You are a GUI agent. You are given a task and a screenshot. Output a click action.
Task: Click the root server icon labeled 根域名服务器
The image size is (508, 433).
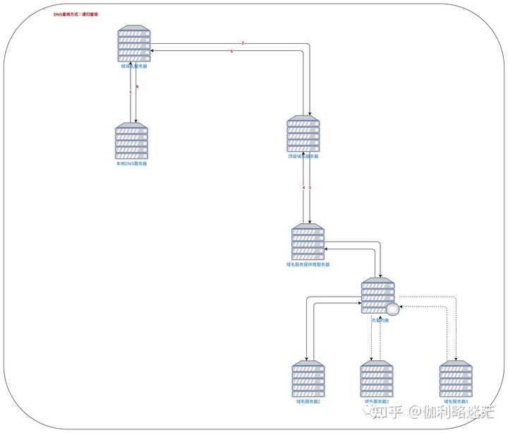134,45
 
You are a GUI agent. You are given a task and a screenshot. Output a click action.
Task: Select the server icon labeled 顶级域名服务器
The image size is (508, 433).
303,134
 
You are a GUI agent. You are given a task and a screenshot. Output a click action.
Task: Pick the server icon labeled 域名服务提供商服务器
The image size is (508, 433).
308,242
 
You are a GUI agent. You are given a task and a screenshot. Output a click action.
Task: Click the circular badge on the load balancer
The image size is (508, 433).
393,309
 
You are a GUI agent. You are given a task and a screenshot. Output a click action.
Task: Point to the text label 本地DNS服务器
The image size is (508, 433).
132,163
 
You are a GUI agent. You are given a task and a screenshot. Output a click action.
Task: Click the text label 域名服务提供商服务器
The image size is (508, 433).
308,264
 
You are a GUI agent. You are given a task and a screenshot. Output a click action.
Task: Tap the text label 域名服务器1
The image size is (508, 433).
308,401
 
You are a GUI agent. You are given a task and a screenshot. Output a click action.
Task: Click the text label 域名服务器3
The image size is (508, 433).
456,401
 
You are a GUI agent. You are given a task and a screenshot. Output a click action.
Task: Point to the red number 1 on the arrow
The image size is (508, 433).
130,92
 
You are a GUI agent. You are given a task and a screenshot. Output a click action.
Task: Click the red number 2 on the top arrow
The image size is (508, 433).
243,44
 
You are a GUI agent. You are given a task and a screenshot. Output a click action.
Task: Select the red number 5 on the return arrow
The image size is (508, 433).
231,52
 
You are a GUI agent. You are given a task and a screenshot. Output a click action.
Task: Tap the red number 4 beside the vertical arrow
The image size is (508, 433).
303,187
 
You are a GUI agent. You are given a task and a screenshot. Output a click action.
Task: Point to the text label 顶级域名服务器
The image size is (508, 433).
303,156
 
